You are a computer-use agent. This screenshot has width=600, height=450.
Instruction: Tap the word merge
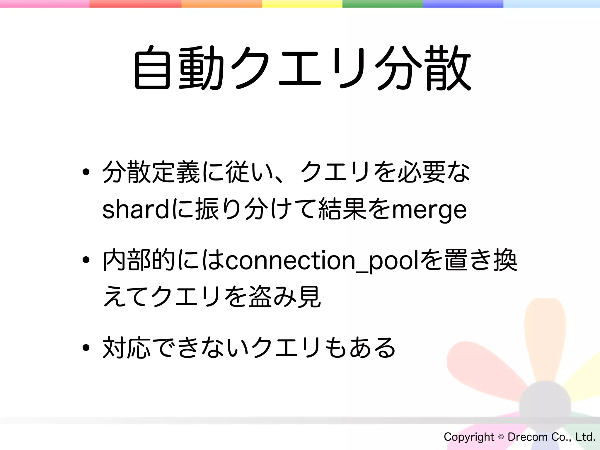tap(429, 210)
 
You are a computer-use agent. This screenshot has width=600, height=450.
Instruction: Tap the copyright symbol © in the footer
tap(501, 437)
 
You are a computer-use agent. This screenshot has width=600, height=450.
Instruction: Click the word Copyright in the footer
tap(469, 437)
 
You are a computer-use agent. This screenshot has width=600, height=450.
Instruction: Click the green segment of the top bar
tap(382, 4)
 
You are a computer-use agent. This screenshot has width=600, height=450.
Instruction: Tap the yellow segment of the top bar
tap(302, 4)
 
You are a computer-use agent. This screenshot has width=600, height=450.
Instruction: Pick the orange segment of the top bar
tap(221, 4)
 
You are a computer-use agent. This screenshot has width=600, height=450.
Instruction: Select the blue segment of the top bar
tap(463, 4)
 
